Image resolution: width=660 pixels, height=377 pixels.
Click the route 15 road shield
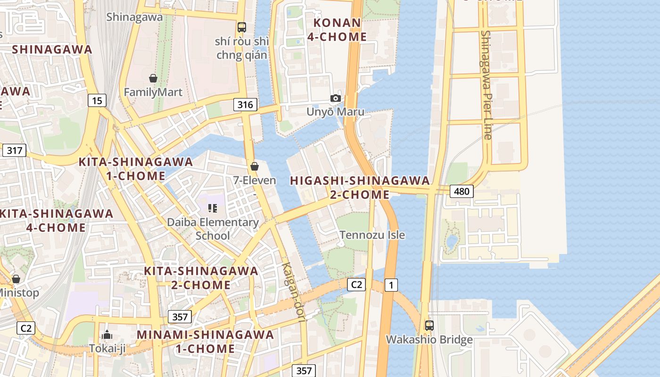coord(97,100)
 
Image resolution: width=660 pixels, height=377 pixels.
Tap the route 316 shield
coord(245,105)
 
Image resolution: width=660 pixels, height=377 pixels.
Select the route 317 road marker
coord(14,151)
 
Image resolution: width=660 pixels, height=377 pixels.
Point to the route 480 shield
coord(462,191)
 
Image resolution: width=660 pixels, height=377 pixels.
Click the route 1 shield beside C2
coord(391,285)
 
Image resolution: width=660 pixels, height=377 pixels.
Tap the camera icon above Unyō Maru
coord(336,98)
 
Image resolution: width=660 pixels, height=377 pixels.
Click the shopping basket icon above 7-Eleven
coord(255,166)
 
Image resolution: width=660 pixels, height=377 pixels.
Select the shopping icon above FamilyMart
coord(153,78)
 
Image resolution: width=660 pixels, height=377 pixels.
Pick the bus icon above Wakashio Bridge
coord(429,325)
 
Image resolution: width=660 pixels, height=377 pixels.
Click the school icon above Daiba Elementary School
coord(213,208)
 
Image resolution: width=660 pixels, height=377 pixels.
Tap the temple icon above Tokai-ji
coord(107,335)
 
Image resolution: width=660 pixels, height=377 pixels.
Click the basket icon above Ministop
coord(16,279)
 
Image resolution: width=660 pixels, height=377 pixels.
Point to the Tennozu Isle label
coord(372,235)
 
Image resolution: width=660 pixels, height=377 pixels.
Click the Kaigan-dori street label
coord(293,292)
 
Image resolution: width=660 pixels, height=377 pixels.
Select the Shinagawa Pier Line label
coord(487,85)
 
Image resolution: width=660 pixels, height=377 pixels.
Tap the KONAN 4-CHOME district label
coord(337,30)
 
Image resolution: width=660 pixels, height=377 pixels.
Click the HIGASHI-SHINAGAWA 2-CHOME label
coord(360,188)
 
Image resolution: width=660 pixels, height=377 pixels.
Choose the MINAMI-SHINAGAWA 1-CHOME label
coord(205,342)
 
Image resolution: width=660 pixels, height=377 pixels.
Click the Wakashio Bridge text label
coord(429,340)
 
